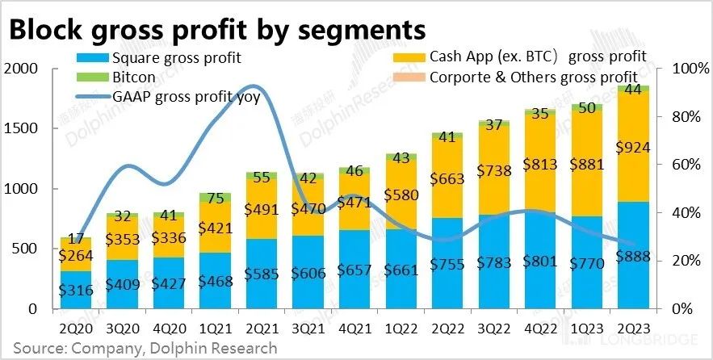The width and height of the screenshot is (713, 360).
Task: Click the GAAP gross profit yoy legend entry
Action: (190, 98)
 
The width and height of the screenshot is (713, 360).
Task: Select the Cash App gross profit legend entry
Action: (538, 57)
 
